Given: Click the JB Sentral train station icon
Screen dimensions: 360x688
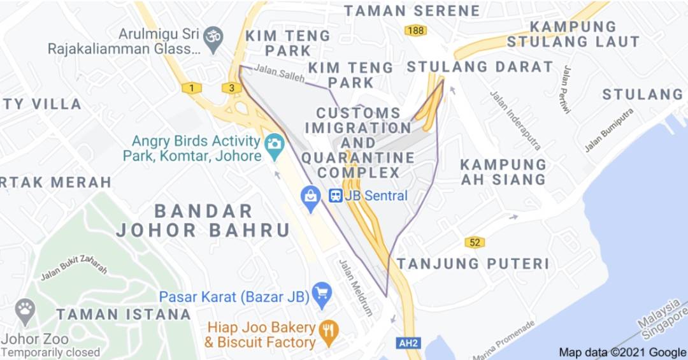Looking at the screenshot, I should click(x=336, y=196).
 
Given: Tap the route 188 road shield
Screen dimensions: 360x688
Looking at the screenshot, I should click(x=415, y=30).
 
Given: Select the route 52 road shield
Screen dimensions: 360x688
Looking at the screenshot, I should click(x=475, y=242).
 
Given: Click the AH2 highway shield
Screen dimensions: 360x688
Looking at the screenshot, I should click(x=408, y=343).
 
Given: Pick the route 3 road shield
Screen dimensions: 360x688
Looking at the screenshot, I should click(x=233, y=87).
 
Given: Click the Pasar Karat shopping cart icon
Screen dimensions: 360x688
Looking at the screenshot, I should click(x=322, y=293).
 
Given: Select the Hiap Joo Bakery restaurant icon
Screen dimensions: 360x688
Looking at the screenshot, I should click(x=329, y=329).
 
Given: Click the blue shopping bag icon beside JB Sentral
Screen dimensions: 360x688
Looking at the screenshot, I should click(x=310, y=196).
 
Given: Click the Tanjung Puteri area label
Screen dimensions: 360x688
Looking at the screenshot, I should click(x=473, y=263).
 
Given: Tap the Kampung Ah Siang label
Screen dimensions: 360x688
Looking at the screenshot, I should click(x=503, y=172).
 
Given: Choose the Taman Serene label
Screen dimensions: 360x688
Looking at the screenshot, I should click(x=412, y=11).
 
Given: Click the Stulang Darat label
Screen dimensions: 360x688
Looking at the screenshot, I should click(x=480, y=66).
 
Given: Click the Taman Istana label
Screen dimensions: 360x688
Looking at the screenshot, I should click(x=123, y=314).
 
